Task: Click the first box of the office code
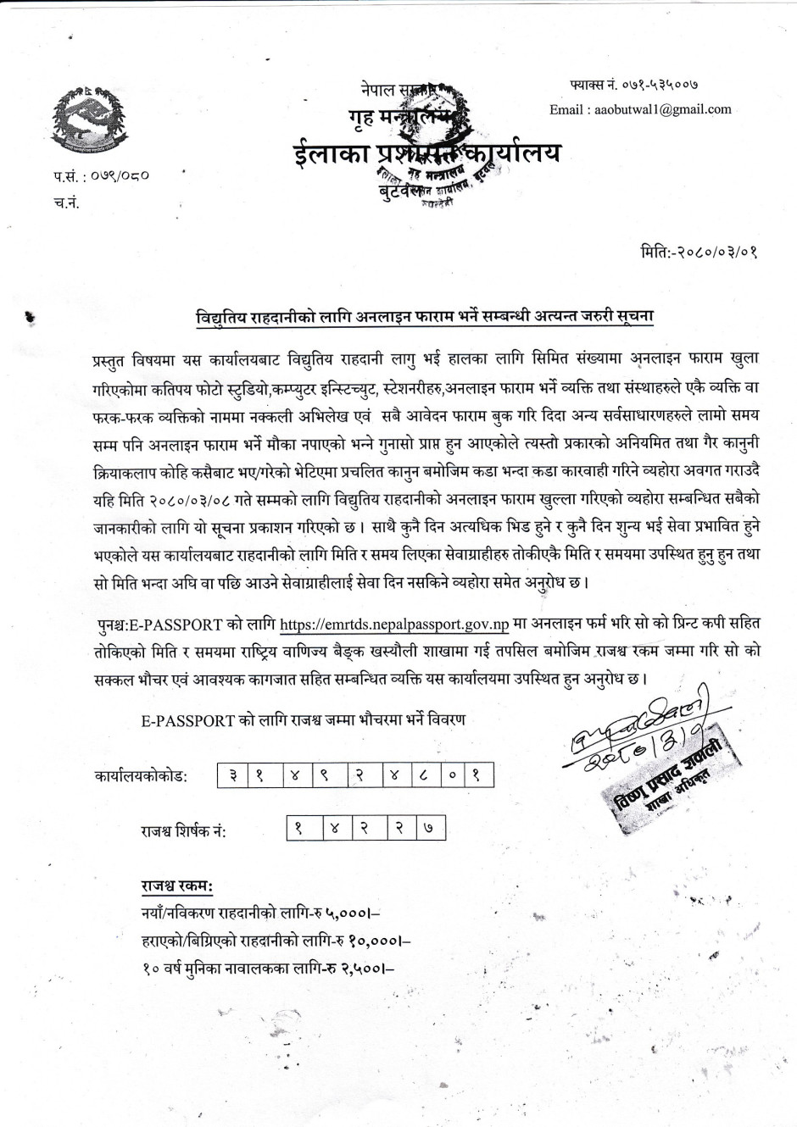point(231,775)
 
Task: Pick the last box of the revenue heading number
point(429,830)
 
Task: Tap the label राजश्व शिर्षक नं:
point(183,831)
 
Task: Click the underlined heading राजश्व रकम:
point(177,887)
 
